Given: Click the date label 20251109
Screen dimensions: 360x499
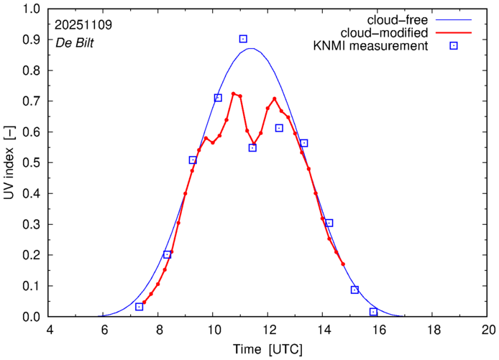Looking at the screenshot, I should pyautogui.click(x=83, y=24).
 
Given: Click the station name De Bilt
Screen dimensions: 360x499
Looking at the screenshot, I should pyautogui.click(x=74, y=42).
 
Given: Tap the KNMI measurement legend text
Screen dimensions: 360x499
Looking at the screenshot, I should pyautogui.click(x=375, y=47).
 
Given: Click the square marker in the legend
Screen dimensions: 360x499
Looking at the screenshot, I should pyautogui.click(x=454, y=47).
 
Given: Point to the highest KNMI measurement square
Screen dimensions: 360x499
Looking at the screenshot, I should pyautogui.click(x=243, y=39).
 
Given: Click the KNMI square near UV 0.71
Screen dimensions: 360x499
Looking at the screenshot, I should pyautogui.click(x=218, y=98).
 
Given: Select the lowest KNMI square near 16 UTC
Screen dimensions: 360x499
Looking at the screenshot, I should pyautogui.click(x=373, y=312).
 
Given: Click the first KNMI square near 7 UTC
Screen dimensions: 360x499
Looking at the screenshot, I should pyautogui.click(x=139, y=307).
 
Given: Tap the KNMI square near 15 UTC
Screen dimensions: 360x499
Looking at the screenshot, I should pyautogui.click(x=354, y=290).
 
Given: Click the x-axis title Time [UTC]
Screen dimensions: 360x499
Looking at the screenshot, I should pyautogui.click(x=269, y=350).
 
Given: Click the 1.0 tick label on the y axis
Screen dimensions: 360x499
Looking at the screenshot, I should pyautogui.click(x=32, y=9).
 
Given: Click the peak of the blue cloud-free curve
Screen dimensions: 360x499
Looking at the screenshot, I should pyautogui.click(x=250, y=49).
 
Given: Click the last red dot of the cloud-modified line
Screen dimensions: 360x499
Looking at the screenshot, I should pyautogui.click(x=343, y=264).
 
